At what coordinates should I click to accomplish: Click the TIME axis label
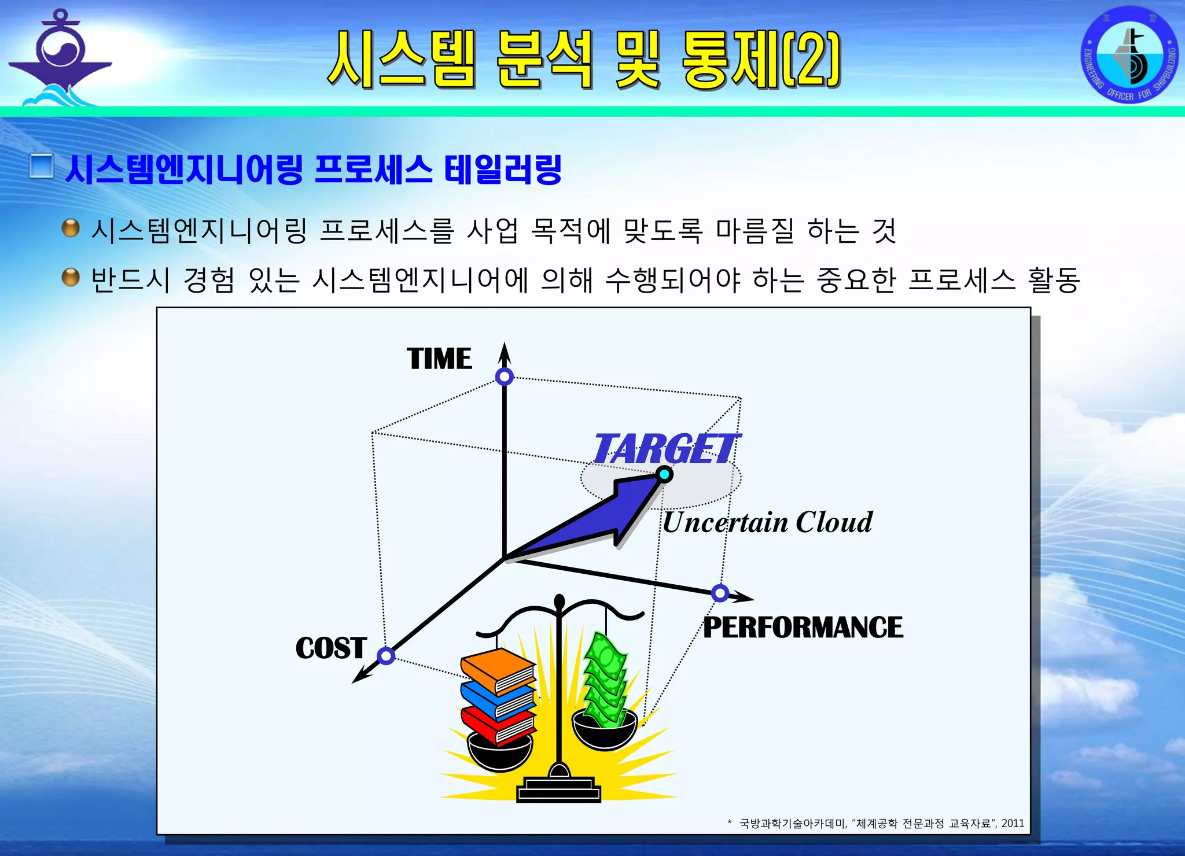(x=439, y=359)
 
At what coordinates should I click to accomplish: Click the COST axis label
(x=331, y=648)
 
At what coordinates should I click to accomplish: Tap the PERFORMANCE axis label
(x=803, y=628)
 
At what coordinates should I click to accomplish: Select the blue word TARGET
(x=665, y=449)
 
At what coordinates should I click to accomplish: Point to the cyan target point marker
(x=665, y=475)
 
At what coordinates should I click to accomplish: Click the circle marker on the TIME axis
(x=505, y=377)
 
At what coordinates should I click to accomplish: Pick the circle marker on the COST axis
(x=386, y=656)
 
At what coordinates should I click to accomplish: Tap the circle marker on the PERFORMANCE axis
(x=720, y=593)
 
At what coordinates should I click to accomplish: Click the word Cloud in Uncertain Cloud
(x=834, y=522)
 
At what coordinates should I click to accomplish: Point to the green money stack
(x=605, y=680)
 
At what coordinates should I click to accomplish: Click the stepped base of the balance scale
(x=558, y=789)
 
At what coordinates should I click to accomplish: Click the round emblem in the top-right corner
(x=1129, y=55)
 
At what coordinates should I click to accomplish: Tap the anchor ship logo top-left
(x=61, y=58)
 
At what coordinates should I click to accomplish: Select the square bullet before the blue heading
(x=42, y=167)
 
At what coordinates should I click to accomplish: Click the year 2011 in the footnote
(x=1013, y=823)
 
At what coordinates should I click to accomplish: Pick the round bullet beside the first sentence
(x=71, y=228)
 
